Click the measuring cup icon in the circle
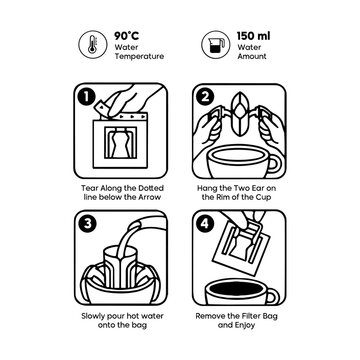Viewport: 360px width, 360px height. [x=210, y=44]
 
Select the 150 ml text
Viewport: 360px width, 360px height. [x=246, y=33]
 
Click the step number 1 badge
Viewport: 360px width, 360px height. [x=86, y=98]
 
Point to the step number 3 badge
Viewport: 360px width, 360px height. [x=86, y=221]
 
